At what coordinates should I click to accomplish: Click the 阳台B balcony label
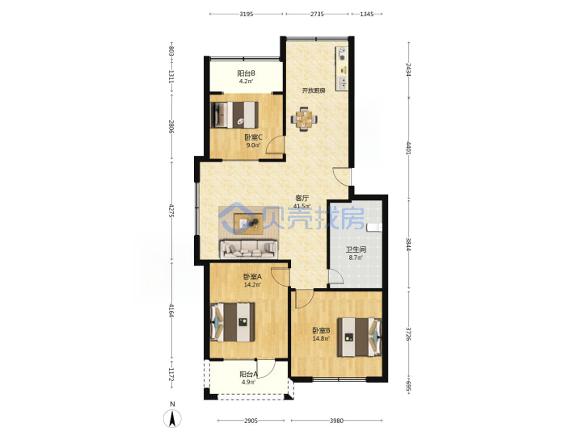(x=246, y=73)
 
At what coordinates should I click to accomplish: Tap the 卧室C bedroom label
(x=253, y=137)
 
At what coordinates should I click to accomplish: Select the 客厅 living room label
(x=302, y=199)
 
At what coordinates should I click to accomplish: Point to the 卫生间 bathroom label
(x=356, y=249)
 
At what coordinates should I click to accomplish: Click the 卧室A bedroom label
(x=252, y=277)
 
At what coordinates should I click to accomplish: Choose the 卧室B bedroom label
(x=322, y=330)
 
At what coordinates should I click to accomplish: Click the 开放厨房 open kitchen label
(x=314, y=90)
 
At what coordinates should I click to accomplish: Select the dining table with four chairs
(x=304, y=119)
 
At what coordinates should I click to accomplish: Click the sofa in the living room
(x=249, y=249)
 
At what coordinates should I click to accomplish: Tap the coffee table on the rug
(x=248, y=224)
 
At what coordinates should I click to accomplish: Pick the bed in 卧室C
(x=234, y=115)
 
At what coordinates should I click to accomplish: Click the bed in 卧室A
(x=233, y=322)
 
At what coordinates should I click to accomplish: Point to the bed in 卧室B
(x=359, y=337)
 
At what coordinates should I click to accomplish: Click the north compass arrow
(x=172, y=419)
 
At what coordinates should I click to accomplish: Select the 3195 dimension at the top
(x=246, y=14)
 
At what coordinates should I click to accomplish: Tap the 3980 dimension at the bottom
(x=336, y=421)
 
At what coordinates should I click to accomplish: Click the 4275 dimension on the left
(x=171, y=210)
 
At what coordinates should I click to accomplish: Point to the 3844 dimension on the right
(x=408, y=245)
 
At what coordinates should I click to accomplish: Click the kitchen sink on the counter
(x=342, y=83)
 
